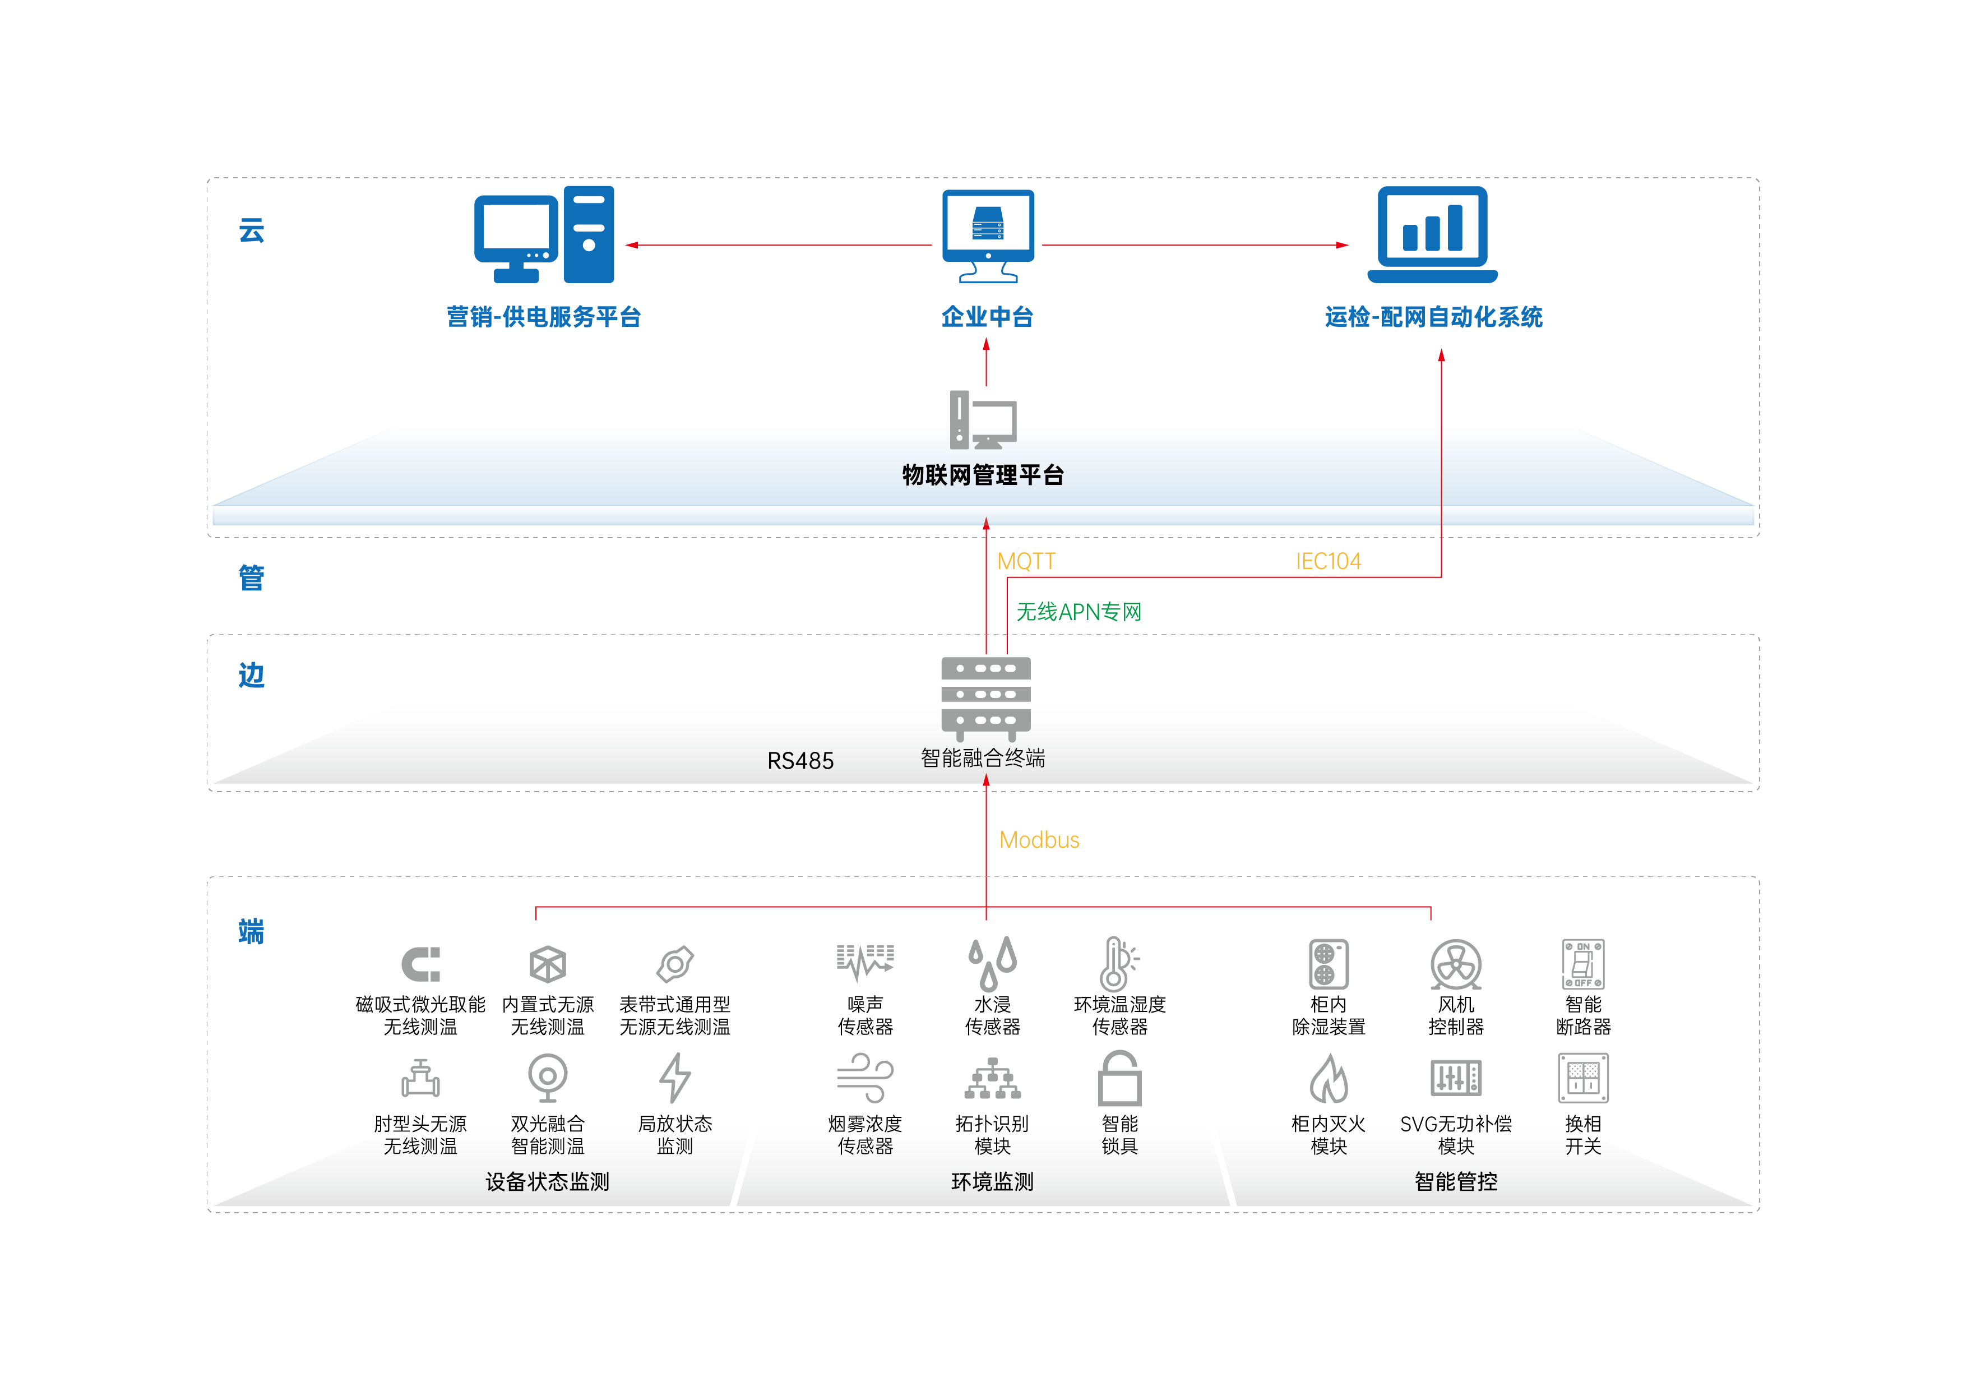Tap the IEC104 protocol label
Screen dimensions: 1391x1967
click(1328, 561)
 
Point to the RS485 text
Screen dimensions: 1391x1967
click(800, 761)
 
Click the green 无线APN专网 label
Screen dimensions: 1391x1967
click(1079, 612)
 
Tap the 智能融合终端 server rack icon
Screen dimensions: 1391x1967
click(985, 697)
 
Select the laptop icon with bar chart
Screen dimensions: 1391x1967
click(1432, 234)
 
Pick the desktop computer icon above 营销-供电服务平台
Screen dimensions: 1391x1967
click(544, 234)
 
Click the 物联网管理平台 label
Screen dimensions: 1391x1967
click(983, 475)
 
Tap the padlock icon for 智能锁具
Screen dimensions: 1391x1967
click(1120, 1079)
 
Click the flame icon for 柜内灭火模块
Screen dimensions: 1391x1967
click(1328, 1079)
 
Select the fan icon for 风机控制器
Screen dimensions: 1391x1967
click(1456, 964)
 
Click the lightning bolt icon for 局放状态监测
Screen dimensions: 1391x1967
click(675, 1078)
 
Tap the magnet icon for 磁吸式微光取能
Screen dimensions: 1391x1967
click(420, 964)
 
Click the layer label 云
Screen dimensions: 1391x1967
click(251, 230)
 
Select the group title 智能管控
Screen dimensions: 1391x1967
click(1456, 1182)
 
